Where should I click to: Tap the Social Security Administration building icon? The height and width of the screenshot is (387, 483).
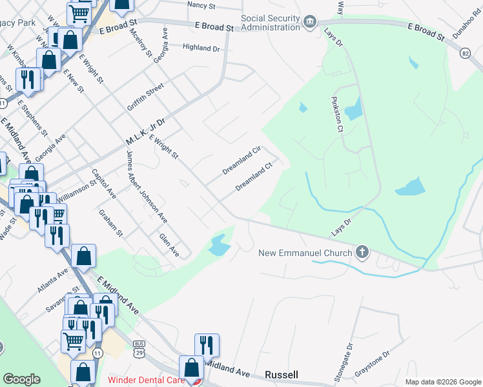point(310,23)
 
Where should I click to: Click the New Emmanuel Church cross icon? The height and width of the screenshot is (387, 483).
point(363,252)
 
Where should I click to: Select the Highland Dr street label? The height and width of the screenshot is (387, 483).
point(201,48)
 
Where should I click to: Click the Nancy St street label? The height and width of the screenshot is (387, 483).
point(200,5)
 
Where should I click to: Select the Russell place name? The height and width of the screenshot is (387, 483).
point(282,375)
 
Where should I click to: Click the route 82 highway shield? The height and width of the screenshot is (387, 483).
point(465,55)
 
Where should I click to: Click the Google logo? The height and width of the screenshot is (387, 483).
point(21,379)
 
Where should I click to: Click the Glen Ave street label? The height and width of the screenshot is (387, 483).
point(169,243)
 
